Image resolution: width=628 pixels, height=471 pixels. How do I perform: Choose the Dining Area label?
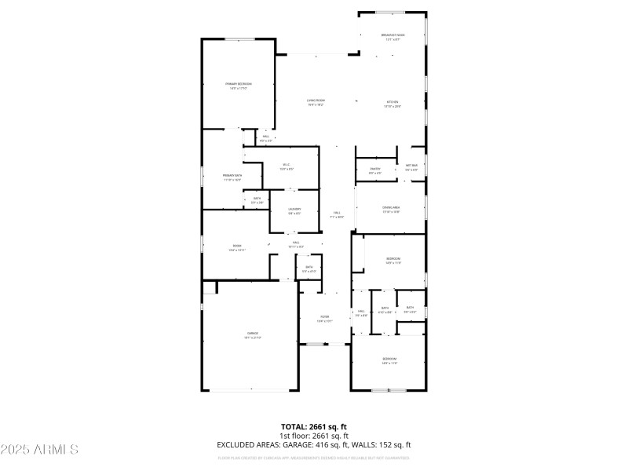pyautogui.click(x=391, y=210)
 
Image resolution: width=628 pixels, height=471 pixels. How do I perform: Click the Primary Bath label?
pyautogui.click(x=232, y=177)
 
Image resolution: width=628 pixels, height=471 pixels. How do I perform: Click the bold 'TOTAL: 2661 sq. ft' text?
pyautogui.click(x=314, y=426)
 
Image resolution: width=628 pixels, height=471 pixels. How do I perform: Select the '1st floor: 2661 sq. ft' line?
pyautogui.click(x=314, y=435)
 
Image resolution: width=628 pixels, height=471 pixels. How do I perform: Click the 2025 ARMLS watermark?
pyautogui.click(x=39, y=450)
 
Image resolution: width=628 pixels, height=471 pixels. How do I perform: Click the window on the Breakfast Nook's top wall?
pyautogui.click(x=392, y=13)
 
